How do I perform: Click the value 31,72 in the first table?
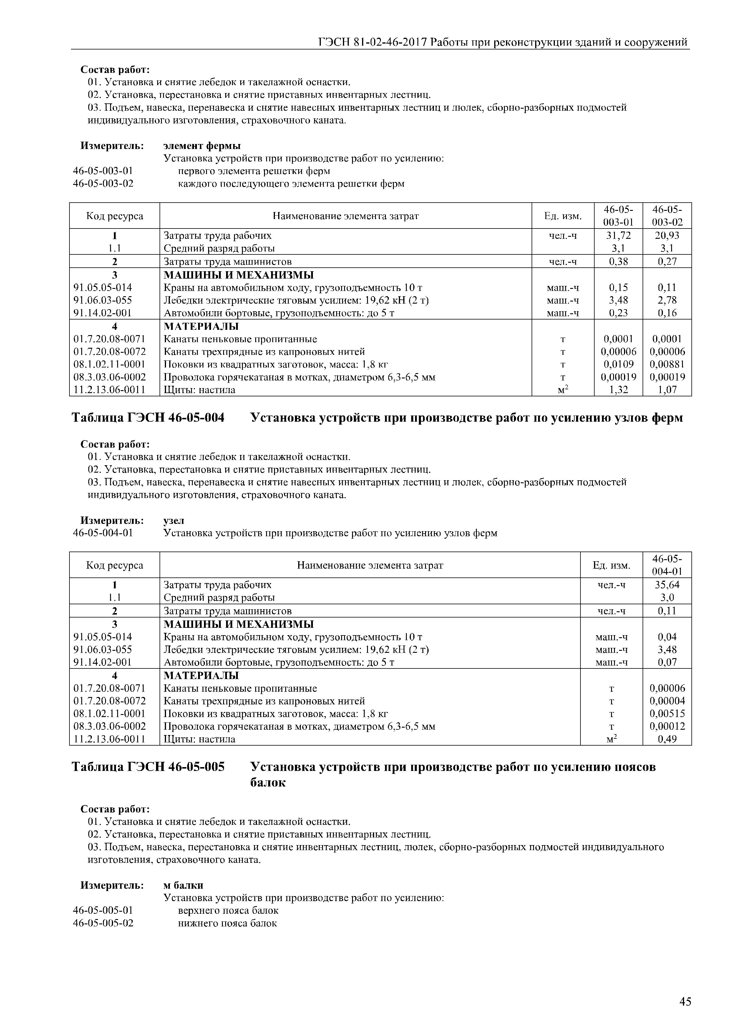(618, 235)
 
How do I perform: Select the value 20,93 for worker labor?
(667, 235)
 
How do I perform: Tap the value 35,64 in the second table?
(667, 585)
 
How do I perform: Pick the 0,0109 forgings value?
(618, 364)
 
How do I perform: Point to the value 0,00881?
(667, 364)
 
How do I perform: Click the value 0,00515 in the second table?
(667, 713)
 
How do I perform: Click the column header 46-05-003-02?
(667, 216)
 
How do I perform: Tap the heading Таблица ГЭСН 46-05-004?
(148, 418)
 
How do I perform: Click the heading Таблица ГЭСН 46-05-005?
(148, 767)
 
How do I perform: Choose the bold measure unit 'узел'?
(174, 521)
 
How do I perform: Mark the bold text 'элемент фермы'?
(202, 146)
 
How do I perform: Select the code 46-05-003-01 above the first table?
(103, 171)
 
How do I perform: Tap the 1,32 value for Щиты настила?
(618, 390)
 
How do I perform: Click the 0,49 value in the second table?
(667, 739)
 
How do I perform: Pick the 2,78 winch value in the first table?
(667, 300)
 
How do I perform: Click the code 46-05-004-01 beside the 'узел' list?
(103, 533)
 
